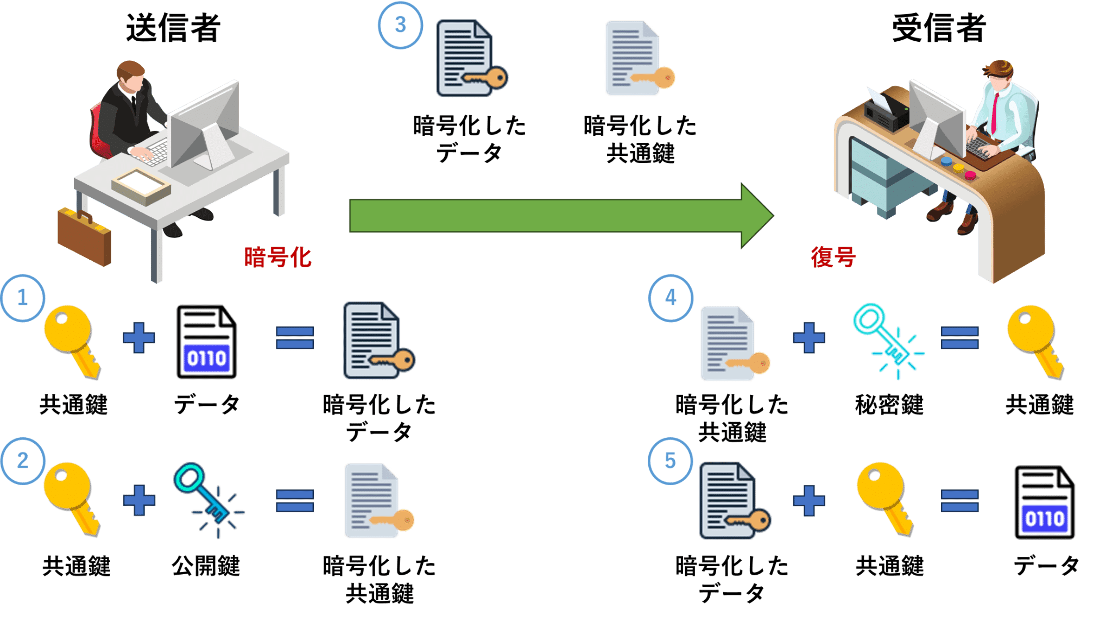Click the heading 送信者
pyautogui.click(x=173, y=28)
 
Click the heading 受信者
pyautogui.click(x=939, y=28)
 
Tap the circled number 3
pyautogui.click(x=400, y=25)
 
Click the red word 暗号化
pyautogui.click(x=277, y=257)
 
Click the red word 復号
pyautogui.click(x=833, y=257)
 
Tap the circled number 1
pyautogui.click(x=23, y=298)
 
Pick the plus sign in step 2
pyautogui.click(x=139, y=500)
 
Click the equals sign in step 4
pyautogui.click(x=959, y=337)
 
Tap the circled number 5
pyautogui.click(x=670, y=461)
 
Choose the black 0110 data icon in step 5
pyautogui.click(x=1044, y=502)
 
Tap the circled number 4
pyautogui.click(x=671, y=298)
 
